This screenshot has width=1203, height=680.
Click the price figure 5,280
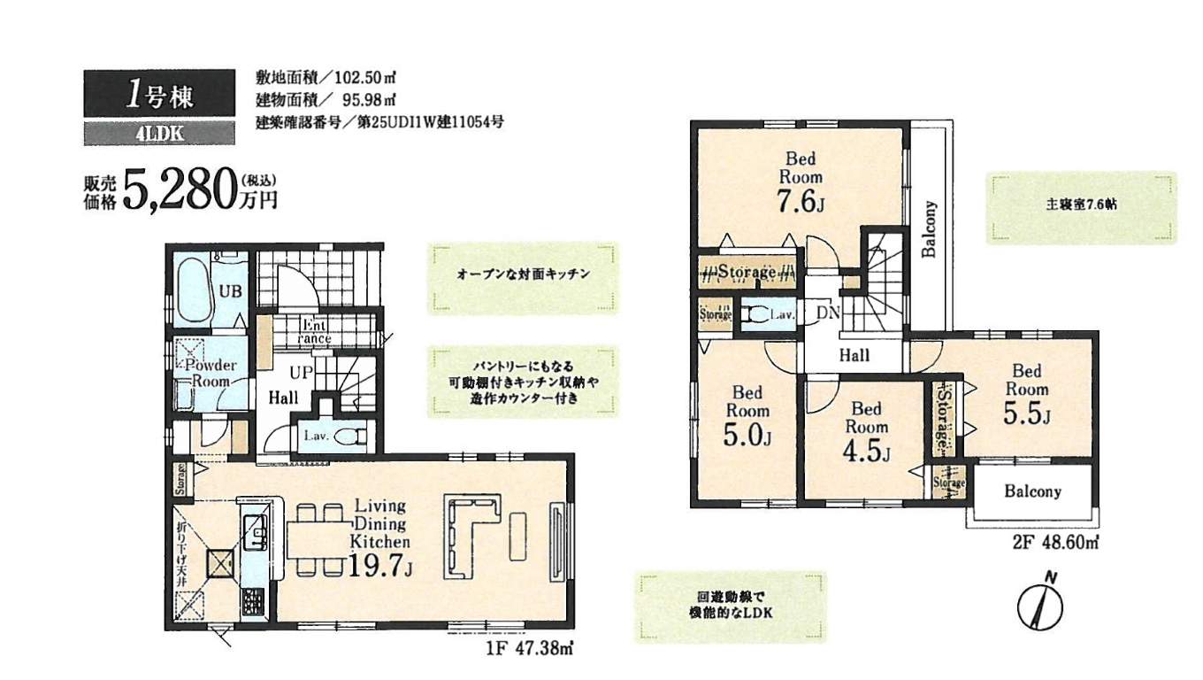tap(180, 188)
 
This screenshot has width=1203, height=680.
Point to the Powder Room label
tap(209, 373)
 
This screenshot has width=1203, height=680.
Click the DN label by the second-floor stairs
tap(829, 313)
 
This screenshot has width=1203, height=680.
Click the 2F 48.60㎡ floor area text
tap(1050, 540)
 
